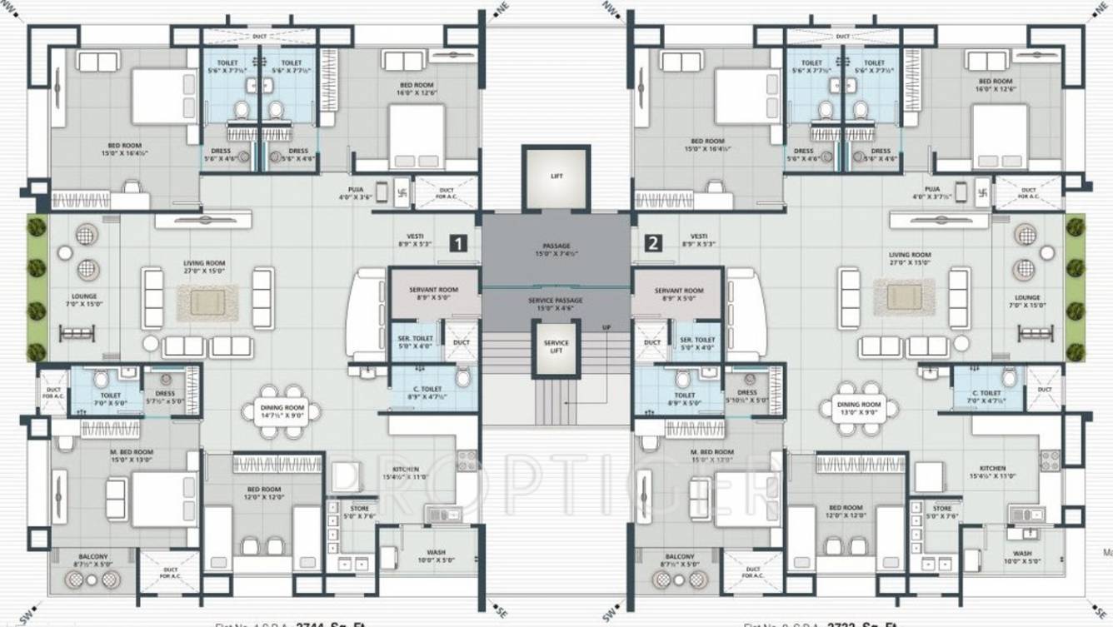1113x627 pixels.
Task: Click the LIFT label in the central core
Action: coord(556,177)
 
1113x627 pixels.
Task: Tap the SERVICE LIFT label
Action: coord(556,346)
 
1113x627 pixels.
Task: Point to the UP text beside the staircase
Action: coord(606,327)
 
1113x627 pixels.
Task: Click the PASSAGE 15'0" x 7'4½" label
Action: coord(556,249)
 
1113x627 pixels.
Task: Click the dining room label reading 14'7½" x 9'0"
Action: coord(284,410)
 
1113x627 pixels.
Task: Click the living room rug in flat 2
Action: coord(904,297)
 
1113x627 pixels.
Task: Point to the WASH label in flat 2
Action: coord(1021,556)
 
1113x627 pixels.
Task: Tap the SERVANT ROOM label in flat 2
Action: coord(679,294)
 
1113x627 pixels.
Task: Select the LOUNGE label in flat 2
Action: coord(1027,300)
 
